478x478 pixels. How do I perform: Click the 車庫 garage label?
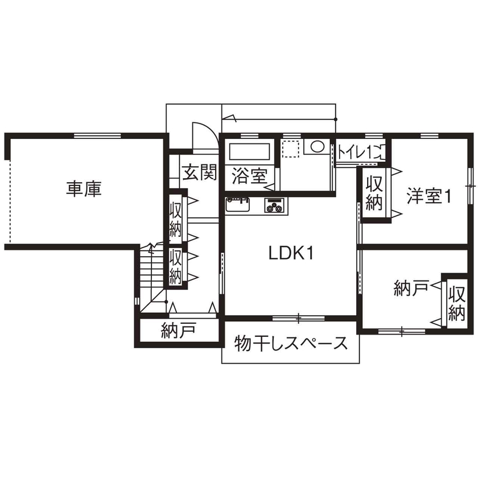pos(84,189)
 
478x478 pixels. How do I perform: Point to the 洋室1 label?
pos(428,196)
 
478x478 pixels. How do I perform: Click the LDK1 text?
pos(292,254)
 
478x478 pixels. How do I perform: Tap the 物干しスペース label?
pos(290,343)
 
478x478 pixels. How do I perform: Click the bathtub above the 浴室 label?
pos(249,153)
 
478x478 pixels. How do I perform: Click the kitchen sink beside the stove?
pos(238,204)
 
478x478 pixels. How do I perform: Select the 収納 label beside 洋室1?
pos(373,193)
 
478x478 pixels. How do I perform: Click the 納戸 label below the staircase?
pos(178,329)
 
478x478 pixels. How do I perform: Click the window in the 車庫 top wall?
pos(97,135)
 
